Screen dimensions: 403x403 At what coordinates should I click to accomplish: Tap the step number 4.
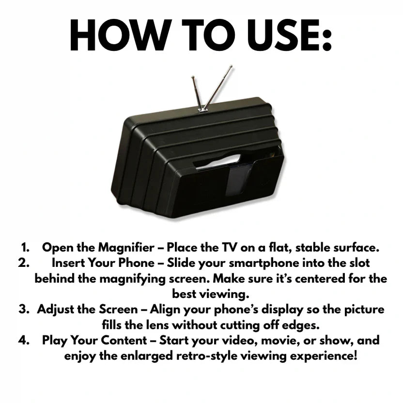pos(25,341)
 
